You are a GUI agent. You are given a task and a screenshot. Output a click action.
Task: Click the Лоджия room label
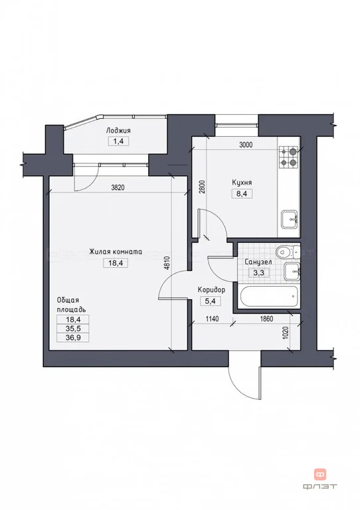pos(118,131)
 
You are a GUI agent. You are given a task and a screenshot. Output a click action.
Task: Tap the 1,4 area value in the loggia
pos(118,141)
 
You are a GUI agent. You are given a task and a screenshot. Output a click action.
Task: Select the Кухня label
pos(242,183)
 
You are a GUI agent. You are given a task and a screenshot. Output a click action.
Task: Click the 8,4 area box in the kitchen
pos(242,194)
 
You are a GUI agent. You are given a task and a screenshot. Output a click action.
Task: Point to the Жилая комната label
pos(116,252)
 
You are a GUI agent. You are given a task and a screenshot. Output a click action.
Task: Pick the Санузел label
pos(258,262)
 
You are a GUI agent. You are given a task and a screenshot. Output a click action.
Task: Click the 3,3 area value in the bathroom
pos(258,272)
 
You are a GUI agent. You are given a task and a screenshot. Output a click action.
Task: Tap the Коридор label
pos(211,290)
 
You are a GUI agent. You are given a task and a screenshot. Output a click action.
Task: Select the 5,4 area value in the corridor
pos(210,301)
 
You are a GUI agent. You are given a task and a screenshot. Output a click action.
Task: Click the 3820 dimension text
pos(118,188)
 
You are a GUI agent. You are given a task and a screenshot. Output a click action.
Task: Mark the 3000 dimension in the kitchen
pos(246,145)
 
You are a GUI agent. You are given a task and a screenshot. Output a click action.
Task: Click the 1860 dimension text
pos(266,319)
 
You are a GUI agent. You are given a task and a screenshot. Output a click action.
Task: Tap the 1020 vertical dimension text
pos(286,333)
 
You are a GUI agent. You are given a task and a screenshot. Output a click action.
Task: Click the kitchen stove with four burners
pos(289,157)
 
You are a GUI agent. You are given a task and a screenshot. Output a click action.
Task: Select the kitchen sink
pos(290,220)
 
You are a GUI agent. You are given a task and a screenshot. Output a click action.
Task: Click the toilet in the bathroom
pos(288,251)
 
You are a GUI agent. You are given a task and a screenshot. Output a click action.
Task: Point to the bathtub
pos(268,297)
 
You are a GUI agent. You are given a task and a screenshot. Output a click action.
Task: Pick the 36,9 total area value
pos(73,337)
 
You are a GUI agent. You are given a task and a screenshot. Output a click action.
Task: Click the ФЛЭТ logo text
pos(320,486)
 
